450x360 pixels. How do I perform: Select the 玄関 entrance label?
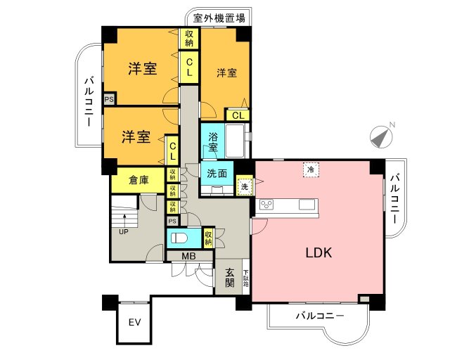[x=229, y=278]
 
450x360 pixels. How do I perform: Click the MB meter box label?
[x=188, y=256]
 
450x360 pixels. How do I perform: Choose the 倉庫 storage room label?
[x=139, y=180]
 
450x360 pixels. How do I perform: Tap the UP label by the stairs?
[x=123, y=231]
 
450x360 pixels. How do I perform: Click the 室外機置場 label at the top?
[x=219, y=17]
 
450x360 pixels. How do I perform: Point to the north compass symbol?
[x=381, y=136]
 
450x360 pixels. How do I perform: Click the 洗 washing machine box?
[x=245, y=186]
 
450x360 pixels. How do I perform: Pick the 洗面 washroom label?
[x=216, y=173]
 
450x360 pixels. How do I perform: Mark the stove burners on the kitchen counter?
[x=267, y=205]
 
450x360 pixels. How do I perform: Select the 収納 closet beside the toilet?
[x=208, y=237]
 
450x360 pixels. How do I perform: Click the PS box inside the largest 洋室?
[x=109, y=99]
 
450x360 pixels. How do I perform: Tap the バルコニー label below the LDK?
[x=320, y=316]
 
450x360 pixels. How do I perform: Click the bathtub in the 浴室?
[x=235, y=141]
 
